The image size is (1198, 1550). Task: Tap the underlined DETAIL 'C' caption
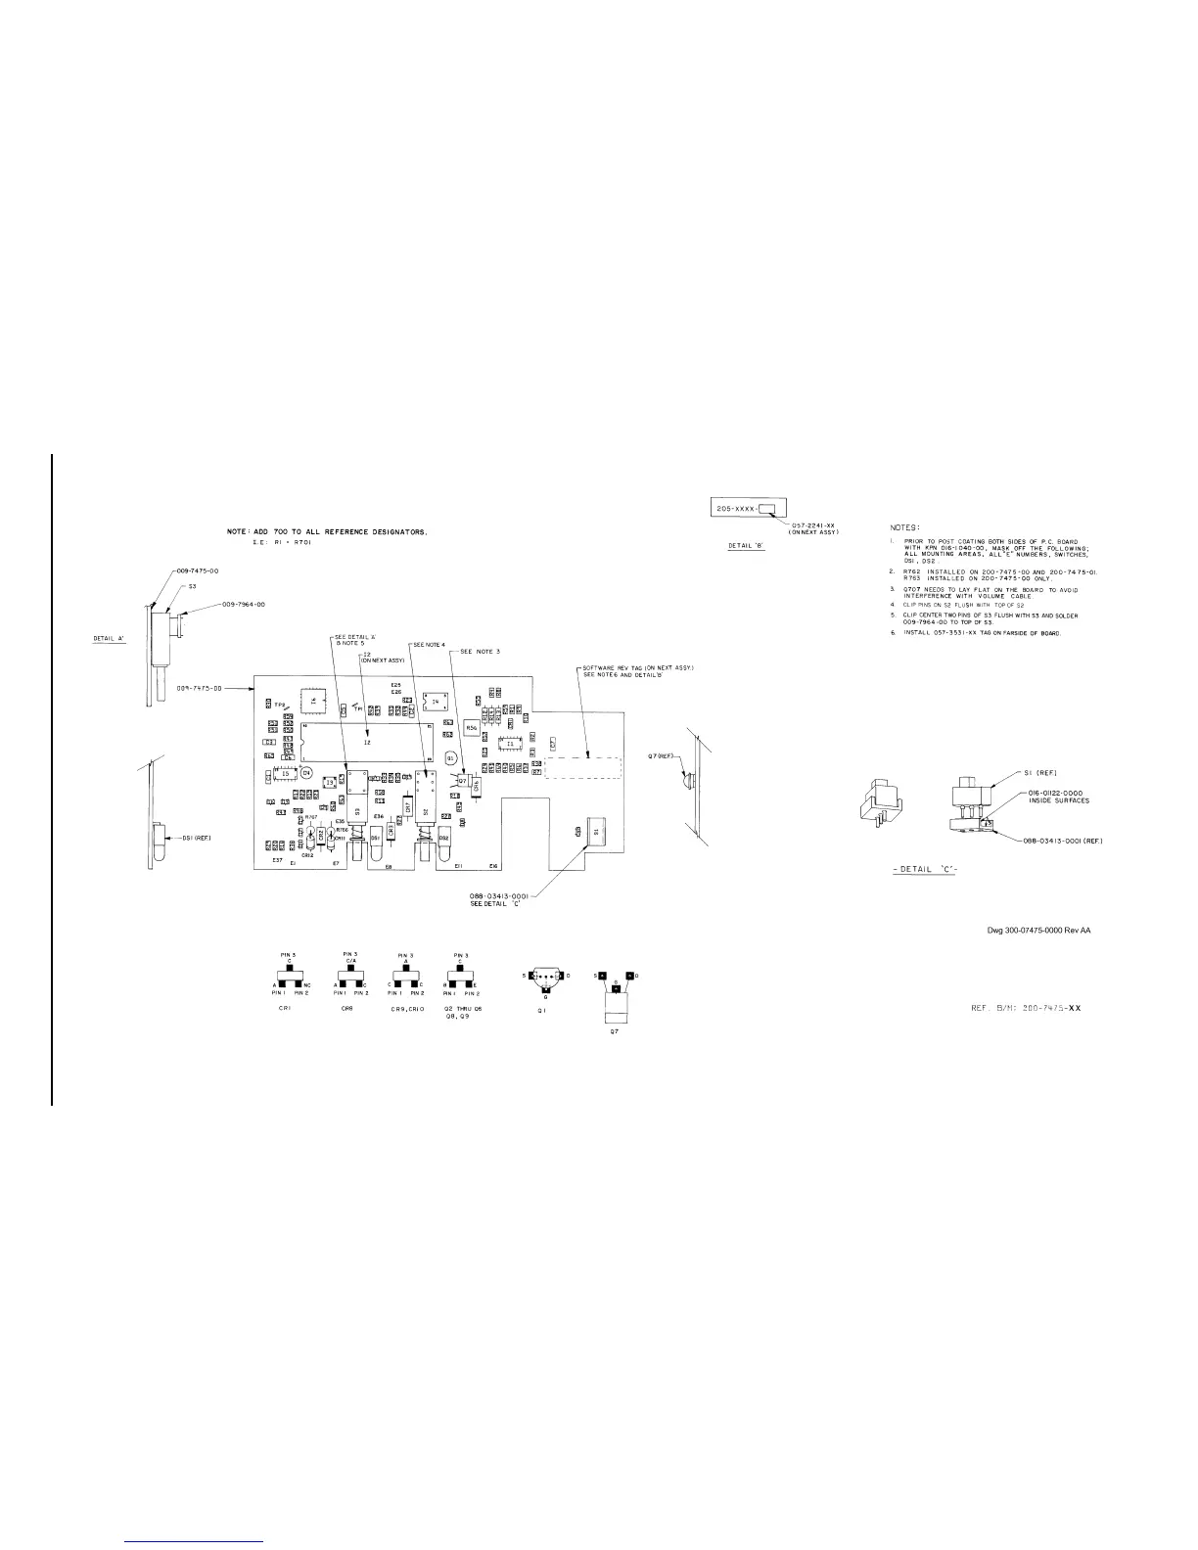924,871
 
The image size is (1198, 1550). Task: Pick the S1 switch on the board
595,829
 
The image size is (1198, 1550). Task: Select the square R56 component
472,728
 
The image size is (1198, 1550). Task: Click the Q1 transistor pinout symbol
546,977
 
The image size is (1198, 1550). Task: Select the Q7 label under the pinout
615,1030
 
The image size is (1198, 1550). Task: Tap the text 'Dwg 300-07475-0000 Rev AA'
1037,930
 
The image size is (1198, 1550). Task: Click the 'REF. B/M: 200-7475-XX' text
1024,1007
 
